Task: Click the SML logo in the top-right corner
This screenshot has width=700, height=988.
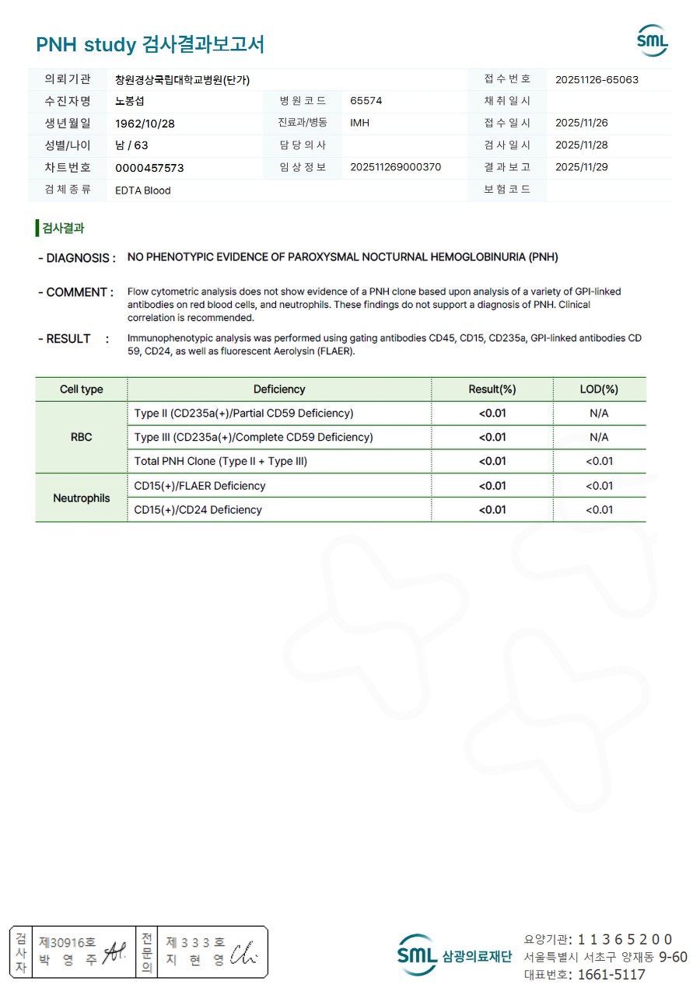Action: (x=653, y=40)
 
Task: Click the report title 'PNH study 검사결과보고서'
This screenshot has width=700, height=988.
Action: (x=150, y=44)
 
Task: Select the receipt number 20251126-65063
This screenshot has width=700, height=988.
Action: (x=597, y=79)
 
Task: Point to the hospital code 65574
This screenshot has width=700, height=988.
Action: (x=366, y=101)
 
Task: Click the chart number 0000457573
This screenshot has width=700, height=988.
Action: (x=149, y=168)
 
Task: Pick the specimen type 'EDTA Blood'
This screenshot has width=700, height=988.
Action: (x=142, y=190)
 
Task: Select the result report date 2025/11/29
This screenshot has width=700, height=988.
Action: (x=582, y=167)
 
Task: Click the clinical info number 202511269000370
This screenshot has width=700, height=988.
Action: (x=396, y=167)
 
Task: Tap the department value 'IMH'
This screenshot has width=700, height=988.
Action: (x=359, y=123)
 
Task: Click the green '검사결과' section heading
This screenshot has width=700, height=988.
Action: (x=62, y=228)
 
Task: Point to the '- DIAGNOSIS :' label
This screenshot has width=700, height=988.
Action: (x=77, y=258)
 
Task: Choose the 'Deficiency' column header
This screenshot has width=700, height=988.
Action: (x=279, y=389)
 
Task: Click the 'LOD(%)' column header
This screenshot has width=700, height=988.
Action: (x=599, y=389)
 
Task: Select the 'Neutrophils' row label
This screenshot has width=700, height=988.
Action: (x=82, y=497)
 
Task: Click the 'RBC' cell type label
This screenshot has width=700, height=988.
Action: (x=82, y=437)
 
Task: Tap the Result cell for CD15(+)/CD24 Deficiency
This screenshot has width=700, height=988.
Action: (x=492, y=510)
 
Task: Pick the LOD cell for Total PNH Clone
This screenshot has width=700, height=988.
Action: (x=599, y=461)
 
